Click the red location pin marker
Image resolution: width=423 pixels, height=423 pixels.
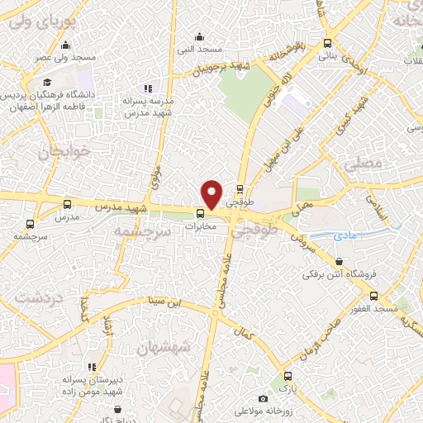click(211, 194)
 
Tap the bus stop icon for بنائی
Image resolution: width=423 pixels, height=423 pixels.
click(328, 43)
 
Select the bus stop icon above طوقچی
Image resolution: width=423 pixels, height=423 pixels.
click(240, 189)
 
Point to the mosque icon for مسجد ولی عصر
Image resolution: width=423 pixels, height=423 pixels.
click(65, 45)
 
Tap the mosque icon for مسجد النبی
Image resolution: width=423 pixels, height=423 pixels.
click(198, 36)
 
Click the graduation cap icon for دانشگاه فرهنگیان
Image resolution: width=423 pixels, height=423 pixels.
click(47, 82)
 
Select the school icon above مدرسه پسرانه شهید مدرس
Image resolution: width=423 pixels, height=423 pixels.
click(148, 88)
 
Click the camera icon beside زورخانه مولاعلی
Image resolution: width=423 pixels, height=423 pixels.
click(264, 398)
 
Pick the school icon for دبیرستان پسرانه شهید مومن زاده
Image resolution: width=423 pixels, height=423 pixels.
click(92, 366)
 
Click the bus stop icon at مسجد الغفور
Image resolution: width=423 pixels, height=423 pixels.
click(373, 295)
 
